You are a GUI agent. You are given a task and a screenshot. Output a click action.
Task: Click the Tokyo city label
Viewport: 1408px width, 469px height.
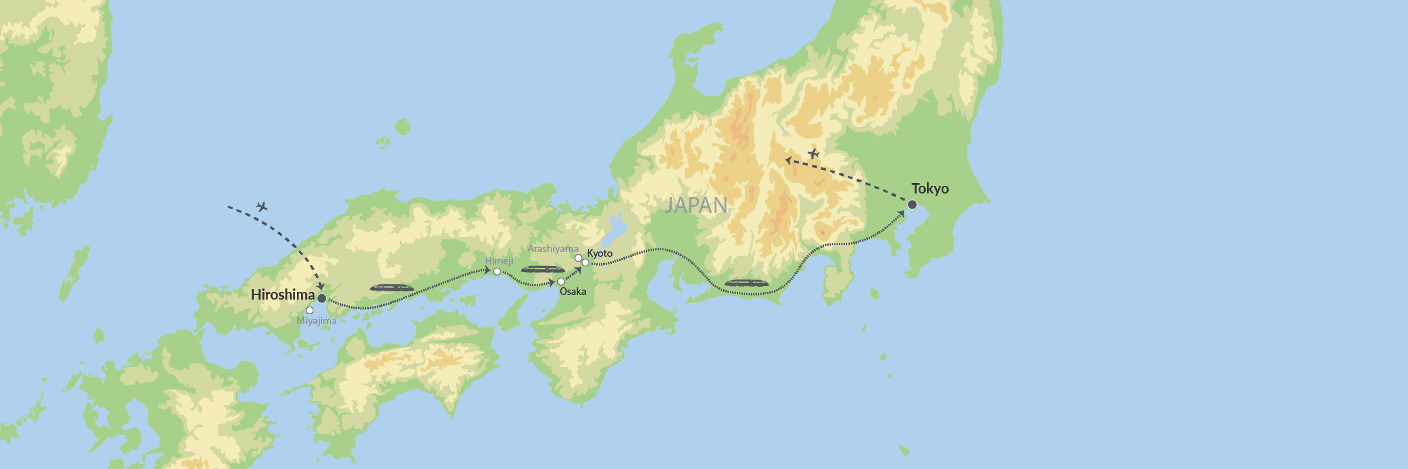tap(930, 189)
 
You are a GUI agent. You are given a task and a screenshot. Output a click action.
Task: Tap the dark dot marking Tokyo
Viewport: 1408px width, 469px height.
tap(912, 205)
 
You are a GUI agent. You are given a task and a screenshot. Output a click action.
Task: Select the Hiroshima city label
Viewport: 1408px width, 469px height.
tap(283, 295)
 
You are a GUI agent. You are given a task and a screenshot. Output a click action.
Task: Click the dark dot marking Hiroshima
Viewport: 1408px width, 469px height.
tap(321, 298)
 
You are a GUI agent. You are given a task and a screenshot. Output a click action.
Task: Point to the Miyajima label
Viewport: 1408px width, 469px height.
tap(316, 321)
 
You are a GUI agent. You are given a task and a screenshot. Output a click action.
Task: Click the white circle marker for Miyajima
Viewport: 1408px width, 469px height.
tap(309, 310)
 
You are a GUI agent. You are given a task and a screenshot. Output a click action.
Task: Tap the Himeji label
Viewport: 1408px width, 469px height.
tap(499, 261)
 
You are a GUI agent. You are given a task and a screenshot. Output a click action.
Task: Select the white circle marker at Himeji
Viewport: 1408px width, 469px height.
tap(497, 271)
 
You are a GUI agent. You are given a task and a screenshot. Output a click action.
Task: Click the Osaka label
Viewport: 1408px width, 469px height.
tap(573, 291)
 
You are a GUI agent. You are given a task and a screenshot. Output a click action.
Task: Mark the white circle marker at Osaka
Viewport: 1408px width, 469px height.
tap(561, 281)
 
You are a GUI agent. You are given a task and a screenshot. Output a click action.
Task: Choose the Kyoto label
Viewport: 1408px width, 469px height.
tap(600, 253)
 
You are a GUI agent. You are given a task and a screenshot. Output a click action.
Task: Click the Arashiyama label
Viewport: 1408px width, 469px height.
tap(553, 249)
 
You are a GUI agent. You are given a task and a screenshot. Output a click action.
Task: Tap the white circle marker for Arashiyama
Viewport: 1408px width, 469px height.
tap(578, 258)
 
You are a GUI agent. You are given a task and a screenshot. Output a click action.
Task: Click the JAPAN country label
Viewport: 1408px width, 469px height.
tap(696, 205)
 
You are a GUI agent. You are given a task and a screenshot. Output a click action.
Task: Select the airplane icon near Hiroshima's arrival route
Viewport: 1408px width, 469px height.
tap(262, 206)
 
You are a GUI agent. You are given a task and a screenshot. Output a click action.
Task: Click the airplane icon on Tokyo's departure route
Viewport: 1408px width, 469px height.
tap(813, 154)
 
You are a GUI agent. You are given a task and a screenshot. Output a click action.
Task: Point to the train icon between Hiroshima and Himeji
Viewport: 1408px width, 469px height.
tap(391, 288)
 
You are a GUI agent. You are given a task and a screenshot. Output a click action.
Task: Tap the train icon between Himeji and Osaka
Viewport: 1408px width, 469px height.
tap(543, 270)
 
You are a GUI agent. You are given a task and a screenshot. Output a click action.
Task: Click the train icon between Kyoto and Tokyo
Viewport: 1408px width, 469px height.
tap(746, 283)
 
